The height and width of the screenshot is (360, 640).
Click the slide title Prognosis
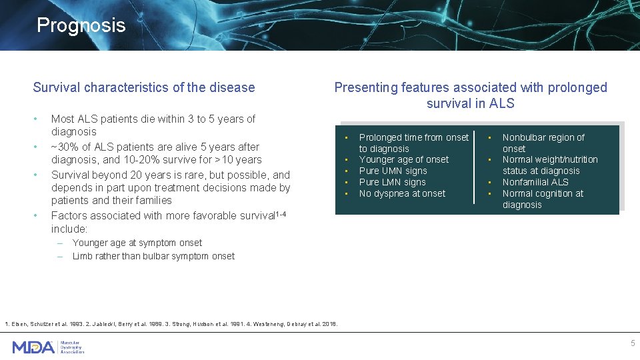tap(81, 25)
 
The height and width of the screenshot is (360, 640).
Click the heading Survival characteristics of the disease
tap(144, 87)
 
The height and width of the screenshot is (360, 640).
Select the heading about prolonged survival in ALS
tap(470, 95)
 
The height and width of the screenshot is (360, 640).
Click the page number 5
tap(633, 343)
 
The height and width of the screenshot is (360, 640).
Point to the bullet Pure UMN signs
tap(393, 171)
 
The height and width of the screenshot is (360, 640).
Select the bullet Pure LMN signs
tap(392, 182)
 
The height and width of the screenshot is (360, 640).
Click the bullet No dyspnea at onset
tap(402, 193)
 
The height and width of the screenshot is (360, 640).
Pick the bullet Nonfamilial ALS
tap(535, 182)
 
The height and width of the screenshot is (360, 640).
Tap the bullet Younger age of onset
tap(403, 159)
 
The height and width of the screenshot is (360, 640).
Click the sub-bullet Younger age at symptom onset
tap(137, 243)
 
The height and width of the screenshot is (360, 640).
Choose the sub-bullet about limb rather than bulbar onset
tap(153, 256)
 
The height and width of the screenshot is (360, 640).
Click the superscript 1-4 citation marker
tap(285, 213)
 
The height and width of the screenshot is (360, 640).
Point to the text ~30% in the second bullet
tap(63, 147)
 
